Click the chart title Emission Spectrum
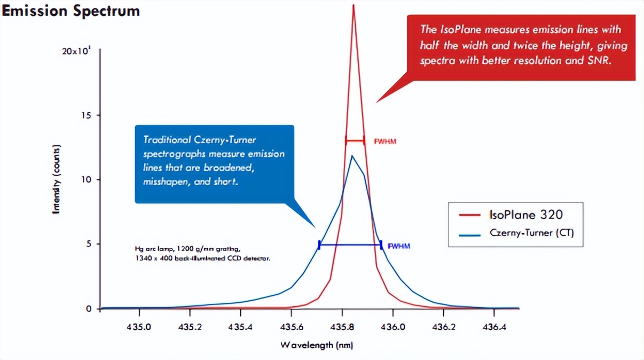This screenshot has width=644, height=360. pos(71,11)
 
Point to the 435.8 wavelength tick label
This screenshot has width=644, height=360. pos(342,326)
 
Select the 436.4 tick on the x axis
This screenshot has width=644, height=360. pos(494,326)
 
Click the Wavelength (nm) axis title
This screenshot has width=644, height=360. pos(317,345)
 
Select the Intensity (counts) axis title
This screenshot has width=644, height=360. pos(56,179)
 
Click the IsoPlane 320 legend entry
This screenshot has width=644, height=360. pos(525,215)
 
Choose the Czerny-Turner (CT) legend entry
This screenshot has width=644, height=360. pos(531,233)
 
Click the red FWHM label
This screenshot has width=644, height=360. pos(385,142)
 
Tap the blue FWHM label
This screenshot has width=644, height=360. pos(399,246)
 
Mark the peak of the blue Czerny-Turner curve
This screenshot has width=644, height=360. pos(352,155)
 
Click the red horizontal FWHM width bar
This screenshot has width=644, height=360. pos(355,141)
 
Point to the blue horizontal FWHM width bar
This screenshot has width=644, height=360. pos(350,245)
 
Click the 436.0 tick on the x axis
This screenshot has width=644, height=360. pos(392,326)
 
